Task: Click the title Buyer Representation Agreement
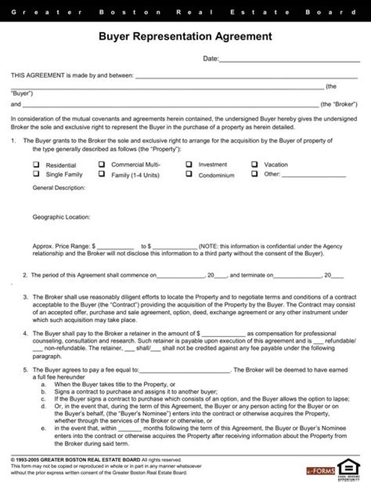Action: (x=185, y=37)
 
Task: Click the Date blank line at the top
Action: (x=290, y=60)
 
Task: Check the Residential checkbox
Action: (x=36, y=165)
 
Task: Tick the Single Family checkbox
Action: (x=36, y=174)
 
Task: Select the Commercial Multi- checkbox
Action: (x=102, y=165)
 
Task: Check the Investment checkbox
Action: (x=189, y=164)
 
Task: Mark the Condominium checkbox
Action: (x=189, y=174)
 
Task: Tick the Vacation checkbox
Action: (x=255, y=164)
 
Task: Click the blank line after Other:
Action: (x=314, y=175)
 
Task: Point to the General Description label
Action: (x=59, y=188)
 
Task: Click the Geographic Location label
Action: (x=61, y=217)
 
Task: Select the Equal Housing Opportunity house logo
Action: (x=348, y=469)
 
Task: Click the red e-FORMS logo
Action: (x=321, y=471)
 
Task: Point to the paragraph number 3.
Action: (x=25, y=297)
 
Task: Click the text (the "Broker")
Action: (x=339, y=104)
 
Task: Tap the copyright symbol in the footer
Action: (x=12, y=459)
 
